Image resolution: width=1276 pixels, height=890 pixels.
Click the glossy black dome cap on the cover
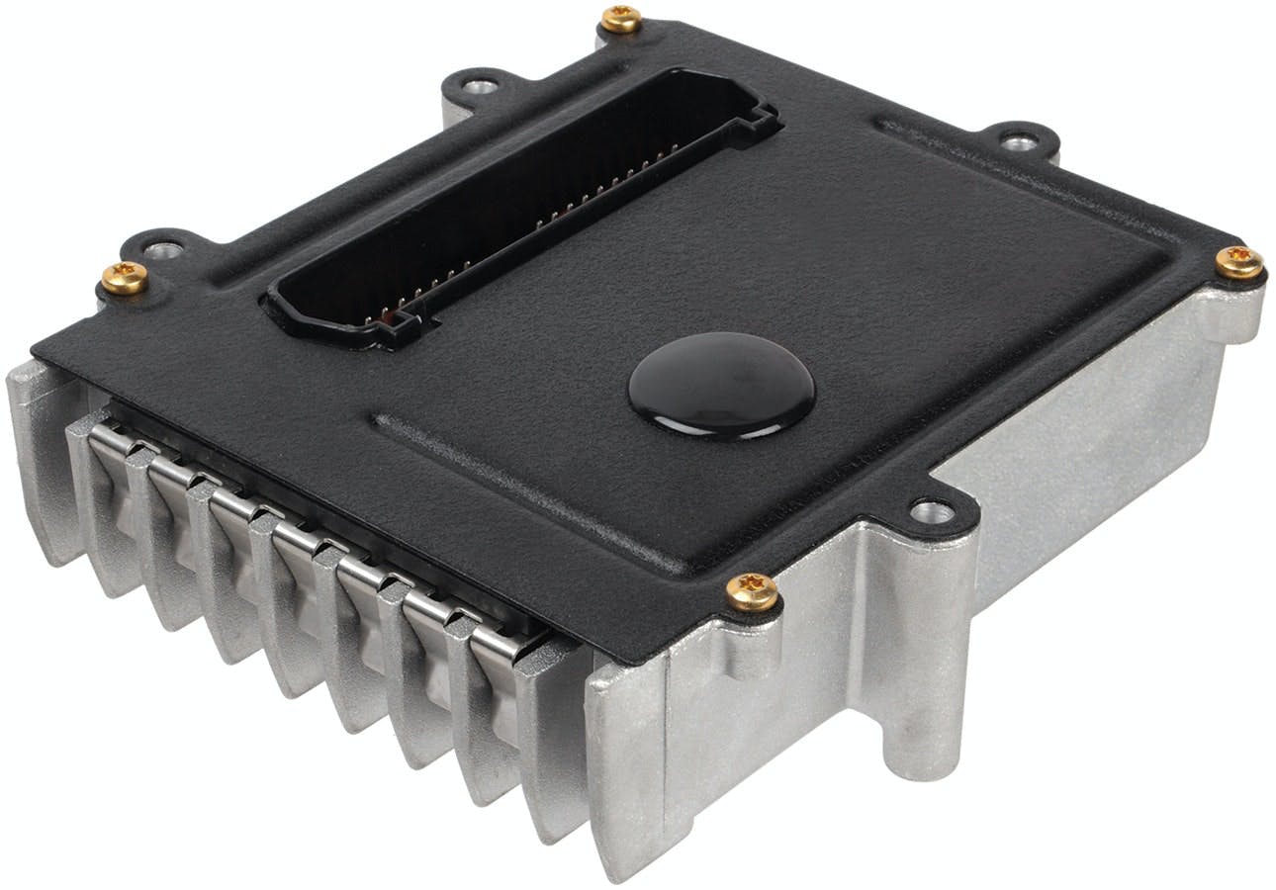[x=721, y=385]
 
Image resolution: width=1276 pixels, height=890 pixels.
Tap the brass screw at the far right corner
[x=1238, y=262]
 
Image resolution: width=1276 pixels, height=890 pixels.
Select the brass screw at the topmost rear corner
[x=620, y=18]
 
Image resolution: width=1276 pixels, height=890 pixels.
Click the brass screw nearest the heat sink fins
[x=125, y=277]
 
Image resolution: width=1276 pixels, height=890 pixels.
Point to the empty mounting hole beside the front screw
[x=931, y=511]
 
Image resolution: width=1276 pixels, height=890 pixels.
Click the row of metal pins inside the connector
[x=524, y=227]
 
